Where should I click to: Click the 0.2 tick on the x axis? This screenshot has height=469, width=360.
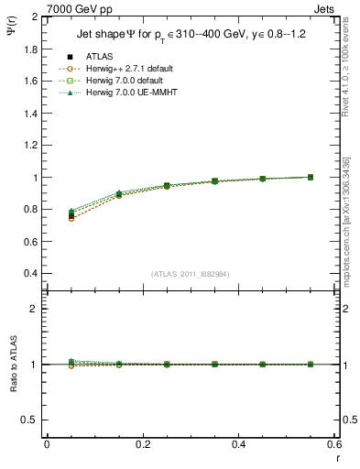[142, 444]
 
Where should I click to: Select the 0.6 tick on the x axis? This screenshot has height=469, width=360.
[333, 444]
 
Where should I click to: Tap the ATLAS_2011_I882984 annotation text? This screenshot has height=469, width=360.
[190, 274]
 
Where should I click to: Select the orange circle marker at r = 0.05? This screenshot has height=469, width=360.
[71, 219]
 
